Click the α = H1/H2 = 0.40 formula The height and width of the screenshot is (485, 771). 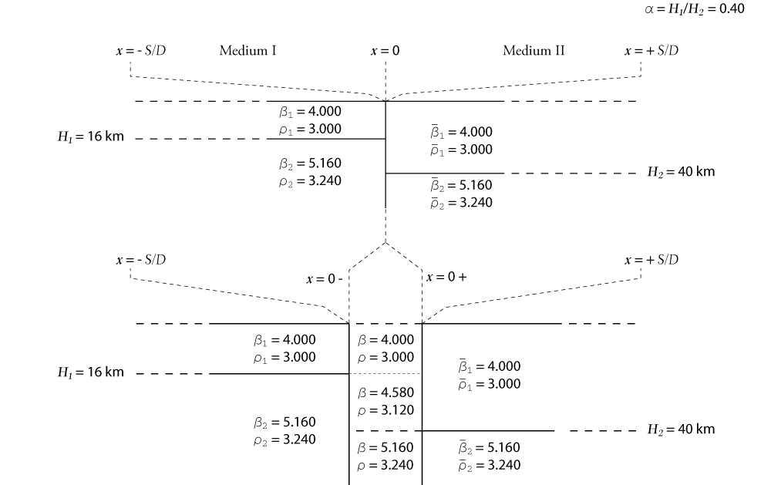pos(695,8)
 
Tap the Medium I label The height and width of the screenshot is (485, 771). pos(247,50)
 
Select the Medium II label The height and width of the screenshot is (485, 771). pos(534,50)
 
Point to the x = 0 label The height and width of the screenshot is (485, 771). pos(385,51)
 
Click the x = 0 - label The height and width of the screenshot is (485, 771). pos(325,279)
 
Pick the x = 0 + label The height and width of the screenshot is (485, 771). pos(446,277)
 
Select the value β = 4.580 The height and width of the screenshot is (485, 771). pos(386,392)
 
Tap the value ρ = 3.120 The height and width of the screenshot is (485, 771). pos(386,410)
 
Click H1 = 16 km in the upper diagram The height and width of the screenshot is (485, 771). pos(90,136)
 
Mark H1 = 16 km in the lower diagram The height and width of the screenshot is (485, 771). pos(90,372)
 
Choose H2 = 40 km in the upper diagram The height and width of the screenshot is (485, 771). pos(681,172)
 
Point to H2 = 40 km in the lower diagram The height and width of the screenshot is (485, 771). pos(681,429)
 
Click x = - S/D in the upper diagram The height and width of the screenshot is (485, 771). pos(140,51)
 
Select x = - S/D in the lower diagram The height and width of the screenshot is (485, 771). pos(140,260)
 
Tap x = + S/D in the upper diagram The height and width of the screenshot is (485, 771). pos(651,51)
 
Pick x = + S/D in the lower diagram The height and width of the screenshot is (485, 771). pos(651,260)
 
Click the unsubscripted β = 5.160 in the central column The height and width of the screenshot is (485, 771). pos(386,448)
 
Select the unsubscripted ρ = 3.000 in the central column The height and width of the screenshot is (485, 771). pos(386,357)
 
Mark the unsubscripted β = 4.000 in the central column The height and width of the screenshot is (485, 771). pos(386,340)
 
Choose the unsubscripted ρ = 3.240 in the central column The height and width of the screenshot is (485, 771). pos(386,465)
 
